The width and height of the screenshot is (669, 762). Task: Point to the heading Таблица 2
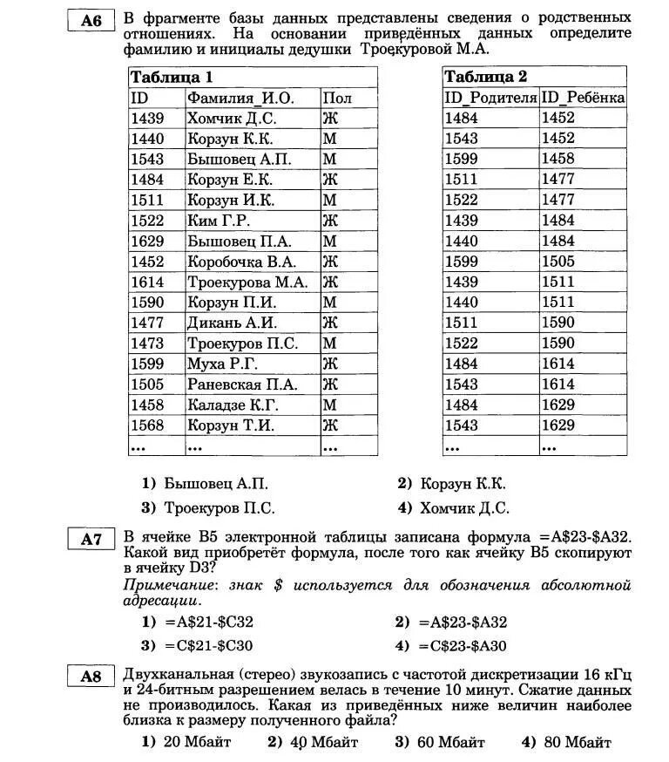tap(485, 77)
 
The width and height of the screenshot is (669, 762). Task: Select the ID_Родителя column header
tap(490, 98)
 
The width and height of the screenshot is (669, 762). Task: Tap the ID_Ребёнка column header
tap(583, 98)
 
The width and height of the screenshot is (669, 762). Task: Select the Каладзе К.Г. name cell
tap(233, 405)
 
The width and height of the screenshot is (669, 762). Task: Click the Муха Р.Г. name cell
tap(222, 364)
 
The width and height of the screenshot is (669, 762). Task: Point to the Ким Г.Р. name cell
tap(218, 221)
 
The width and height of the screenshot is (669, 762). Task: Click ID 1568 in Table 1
tap(147, 425)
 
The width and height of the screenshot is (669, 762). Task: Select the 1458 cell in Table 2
tap(557, 159)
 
